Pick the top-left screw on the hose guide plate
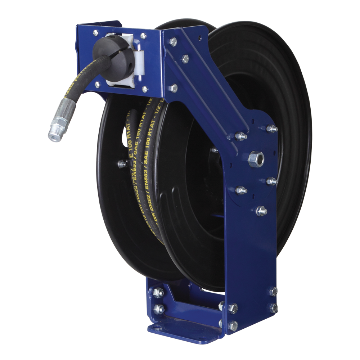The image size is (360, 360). pos(95,33)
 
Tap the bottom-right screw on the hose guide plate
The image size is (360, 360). pos(145,89)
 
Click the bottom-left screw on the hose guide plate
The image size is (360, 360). pos(97,85)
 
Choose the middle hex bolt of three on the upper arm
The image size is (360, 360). pos(185,59)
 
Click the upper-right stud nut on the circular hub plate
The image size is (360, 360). pos(271,129)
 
